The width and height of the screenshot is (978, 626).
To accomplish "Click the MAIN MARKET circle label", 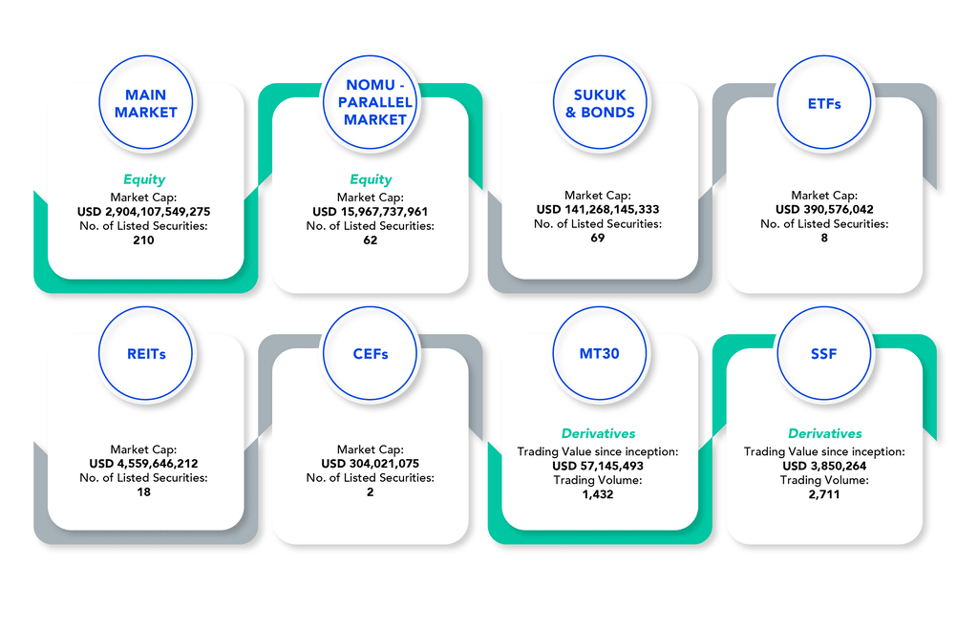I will tap(146, 103).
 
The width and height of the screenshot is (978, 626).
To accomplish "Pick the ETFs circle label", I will tap(823, 103).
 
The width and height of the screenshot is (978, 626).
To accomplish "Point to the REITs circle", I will tap(145, 354).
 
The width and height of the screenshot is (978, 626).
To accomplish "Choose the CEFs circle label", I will tap(371, 354).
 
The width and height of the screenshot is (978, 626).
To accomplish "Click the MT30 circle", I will tap(599, 354).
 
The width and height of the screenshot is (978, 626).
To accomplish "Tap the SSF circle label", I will tap(825, 354).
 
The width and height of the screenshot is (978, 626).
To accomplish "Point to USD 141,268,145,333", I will tap(598, 209).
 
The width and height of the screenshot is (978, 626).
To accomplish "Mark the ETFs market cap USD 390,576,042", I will tap(824, 209).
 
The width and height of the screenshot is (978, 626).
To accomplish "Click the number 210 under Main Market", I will tap(143, 240).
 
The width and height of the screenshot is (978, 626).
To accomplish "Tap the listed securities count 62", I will tap(371, 240).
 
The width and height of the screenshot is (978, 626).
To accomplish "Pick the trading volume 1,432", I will tap(598, 494).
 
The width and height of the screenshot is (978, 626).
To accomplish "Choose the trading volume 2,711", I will tap(824, 494).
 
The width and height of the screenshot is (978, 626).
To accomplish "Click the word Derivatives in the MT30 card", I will tap(598, 433).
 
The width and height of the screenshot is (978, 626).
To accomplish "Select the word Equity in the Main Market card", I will tap(143, 179).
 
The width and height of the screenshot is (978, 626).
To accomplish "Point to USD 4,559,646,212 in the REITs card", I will tap(143, 464).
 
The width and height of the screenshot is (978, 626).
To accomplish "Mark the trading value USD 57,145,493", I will tap(598, 466).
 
